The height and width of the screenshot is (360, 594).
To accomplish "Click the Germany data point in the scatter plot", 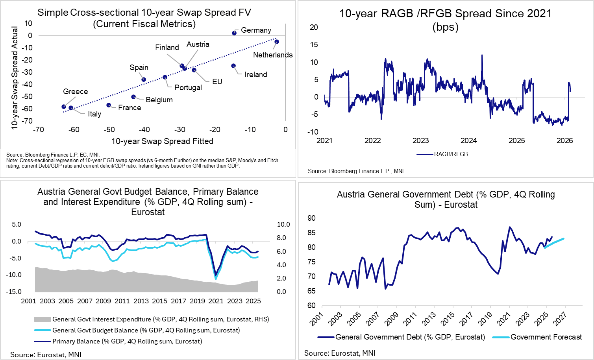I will pos(234,33).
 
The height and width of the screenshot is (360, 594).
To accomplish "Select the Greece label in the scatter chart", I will pos(75,92).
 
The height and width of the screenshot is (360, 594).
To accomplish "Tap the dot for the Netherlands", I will pos(277,42).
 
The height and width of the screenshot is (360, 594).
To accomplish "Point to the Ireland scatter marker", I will pos(233,66).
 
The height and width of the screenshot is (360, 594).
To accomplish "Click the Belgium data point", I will pos(133,97).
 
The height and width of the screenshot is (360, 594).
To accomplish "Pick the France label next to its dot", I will pos(129,108).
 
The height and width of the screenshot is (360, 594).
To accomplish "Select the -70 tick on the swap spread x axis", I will pos(39,130).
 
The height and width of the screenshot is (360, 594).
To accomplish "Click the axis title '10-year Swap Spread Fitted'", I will pos(162,141).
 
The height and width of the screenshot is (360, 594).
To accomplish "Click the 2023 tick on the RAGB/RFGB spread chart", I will pos(420,141).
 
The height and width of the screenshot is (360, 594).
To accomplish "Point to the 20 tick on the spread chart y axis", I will pos(314,27).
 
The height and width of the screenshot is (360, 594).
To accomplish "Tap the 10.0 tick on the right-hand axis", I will pos(283,225).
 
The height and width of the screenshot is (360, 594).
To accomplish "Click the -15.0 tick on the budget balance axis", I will pos(14,292).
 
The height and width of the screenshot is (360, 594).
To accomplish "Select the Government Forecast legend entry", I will pos(546,337).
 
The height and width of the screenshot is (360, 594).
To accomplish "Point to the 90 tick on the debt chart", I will pos(311,218).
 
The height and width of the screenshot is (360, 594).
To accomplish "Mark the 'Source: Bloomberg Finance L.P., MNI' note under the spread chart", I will pos(355,171).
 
